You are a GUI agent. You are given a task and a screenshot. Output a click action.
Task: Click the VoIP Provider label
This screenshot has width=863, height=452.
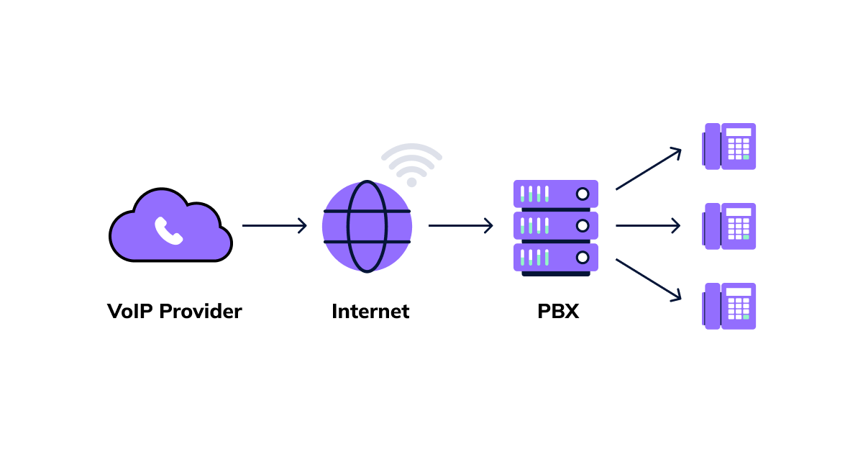tap(174, 312)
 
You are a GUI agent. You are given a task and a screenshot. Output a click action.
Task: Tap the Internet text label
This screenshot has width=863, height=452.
tap(370, 312)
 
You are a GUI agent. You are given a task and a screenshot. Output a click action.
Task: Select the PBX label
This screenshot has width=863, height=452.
tap(557, 312)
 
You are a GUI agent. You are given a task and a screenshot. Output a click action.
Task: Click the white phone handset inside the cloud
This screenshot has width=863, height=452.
tap(169, 230)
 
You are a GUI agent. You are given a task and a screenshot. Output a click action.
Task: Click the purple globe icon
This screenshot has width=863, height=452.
tap(367, 226)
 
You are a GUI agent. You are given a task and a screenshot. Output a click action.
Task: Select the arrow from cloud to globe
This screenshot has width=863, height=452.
tap(274, 226)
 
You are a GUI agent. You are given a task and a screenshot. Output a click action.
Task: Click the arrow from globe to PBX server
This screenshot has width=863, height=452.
tap(460, 226)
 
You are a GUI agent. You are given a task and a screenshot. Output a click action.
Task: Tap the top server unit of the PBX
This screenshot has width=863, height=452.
tap(555, 194)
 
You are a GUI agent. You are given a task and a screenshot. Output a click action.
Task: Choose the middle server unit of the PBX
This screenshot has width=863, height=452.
tap(555, 225)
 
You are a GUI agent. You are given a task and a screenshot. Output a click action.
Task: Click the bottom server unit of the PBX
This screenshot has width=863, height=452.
tap(555, 257)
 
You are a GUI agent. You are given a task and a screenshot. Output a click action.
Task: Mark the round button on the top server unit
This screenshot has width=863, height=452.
tap(583, 194)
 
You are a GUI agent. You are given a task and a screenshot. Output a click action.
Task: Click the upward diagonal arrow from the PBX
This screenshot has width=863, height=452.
tap(648, 169)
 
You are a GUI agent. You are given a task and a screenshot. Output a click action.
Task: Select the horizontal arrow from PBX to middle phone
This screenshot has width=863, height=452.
tap(647, 226)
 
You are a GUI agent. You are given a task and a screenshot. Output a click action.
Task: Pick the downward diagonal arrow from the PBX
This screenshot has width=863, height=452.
tap(648, 279)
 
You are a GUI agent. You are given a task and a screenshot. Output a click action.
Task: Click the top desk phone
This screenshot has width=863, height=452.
tap(729, 146)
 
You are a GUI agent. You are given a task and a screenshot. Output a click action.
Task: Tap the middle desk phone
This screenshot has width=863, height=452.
tap(729, 226)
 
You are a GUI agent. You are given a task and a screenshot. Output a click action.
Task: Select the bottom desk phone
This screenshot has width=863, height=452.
tap(729, 306)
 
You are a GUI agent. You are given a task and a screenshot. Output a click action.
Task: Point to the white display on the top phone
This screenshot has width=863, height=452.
tap(739, 132)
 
